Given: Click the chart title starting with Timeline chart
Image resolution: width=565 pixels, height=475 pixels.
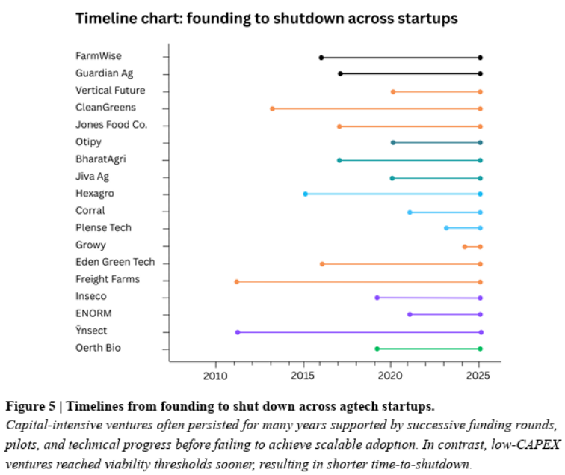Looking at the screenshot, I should [266, 18].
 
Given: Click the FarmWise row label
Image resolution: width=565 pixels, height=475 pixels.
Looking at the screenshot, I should [99, 56].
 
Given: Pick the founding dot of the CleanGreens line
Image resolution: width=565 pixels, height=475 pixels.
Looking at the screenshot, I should [272, 109].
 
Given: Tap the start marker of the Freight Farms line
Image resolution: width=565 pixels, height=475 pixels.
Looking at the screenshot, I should [237, 281].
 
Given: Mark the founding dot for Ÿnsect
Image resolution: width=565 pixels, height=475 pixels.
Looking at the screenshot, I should [238, 332].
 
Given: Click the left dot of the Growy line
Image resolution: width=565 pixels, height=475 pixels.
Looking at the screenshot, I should [464, 246].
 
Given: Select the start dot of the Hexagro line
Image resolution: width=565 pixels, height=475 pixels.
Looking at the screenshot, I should [305, 194].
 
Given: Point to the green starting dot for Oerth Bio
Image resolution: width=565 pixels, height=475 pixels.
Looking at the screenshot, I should [377, 349].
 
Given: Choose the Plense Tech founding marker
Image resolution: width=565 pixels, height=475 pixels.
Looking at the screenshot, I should [446, 227].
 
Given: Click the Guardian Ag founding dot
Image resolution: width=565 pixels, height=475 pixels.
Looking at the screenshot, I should [340, 73].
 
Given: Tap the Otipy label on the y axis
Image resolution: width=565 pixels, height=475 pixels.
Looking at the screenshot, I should [88, 142].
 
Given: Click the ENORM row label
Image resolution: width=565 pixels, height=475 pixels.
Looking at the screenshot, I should [93, 313].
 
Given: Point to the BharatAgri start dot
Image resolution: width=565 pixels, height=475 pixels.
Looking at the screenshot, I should [339, 160].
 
